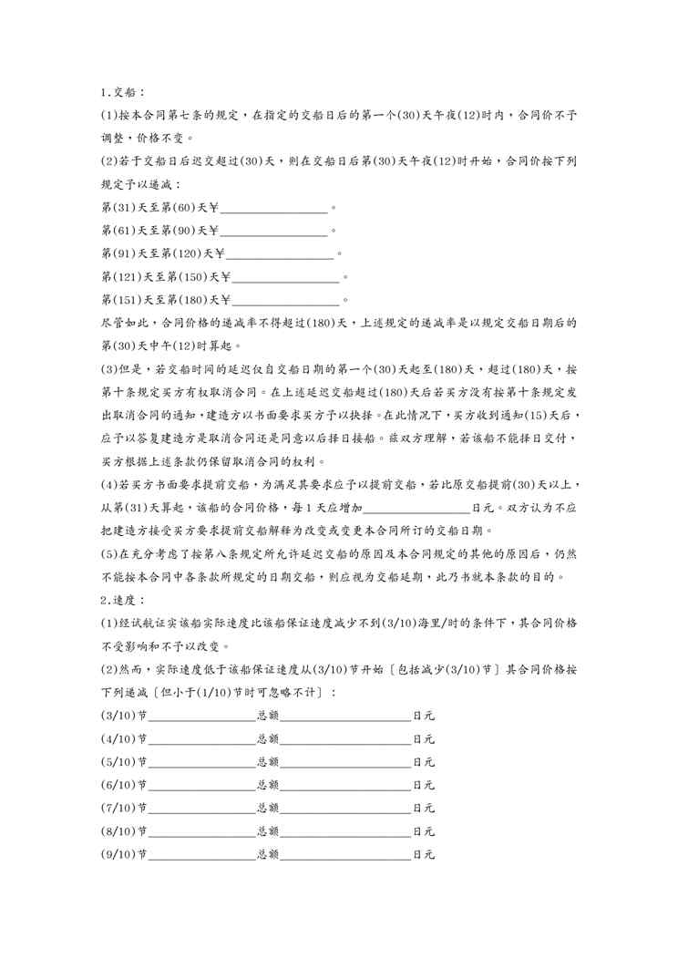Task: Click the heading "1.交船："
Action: [121, 93]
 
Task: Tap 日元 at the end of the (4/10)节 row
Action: [424, 737]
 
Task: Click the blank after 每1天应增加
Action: [416, 508]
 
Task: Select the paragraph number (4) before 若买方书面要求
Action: [109, 484]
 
